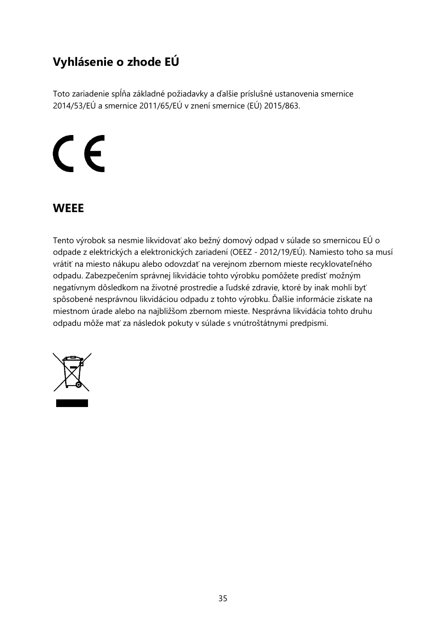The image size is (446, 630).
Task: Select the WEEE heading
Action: click(x=69, y=208)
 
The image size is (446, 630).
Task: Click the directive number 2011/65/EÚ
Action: click(x=161, y=105)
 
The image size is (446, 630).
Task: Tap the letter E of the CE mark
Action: click(x=94, y=153)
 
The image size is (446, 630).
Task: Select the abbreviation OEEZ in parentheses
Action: click(x=243, y=252)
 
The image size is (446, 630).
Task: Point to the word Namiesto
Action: click(x=325, y=252)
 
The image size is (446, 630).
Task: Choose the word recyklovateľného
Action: click(x=341, y=264)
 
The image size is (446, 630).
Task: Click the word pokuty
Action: click(x=181, y=323)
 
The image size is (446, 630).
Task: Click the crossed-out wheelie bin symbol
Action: click(x=72, y=372)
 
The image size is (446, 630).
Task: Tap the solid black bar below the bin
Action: click(x=72, y=403)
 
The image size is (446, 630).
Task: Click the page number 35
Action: click(x=223, y=599)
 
